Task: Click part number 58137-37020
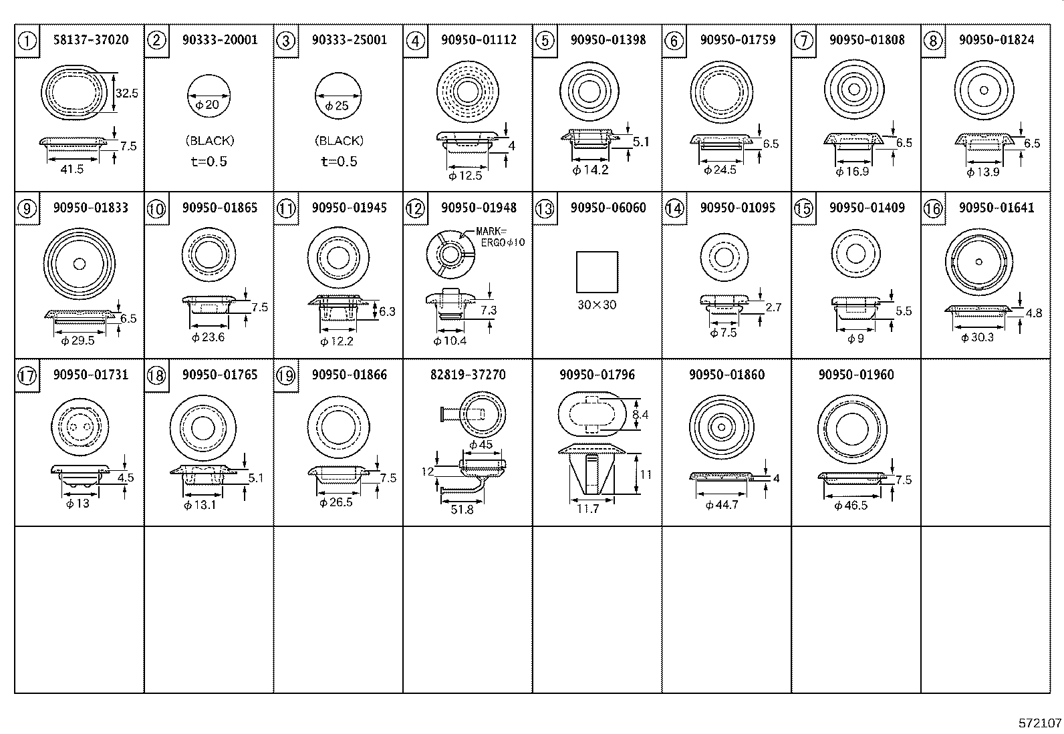[x=91, y=40]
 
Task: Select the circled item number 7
[x=803, y=41]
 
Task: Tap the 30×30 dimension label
[x=597, y=305]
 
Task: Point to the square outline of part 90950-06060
[x=597, y=272]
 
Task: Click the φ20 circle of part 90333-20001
[x=208, y=96]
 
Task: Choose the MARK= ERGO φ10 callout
[x=500, y=236]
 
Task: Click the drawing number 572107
[x=1039, y=723]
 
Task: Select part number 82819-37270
[x=468, y=375]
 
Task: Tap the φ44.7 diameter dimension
[x=722, y=505]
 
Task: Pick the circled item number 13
[x=545, y=209]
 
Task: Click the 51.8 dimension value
[x=462, y=510]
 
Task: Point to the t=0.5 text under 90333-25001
[x=339, y=161]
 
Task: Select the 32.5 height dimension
[x=126, y=94]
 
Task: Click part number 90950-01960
[x=856, y=375]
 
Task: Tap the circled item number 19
[x=285, y=376]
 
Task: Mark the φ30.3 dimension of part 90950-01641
[x=977, y=338]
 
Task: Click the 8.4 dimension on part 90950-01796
[x=640, y=415]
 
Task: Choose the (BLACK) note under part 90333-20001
[x=209, y=141]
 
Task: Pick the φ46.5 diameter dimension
[x=851, y=506]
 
